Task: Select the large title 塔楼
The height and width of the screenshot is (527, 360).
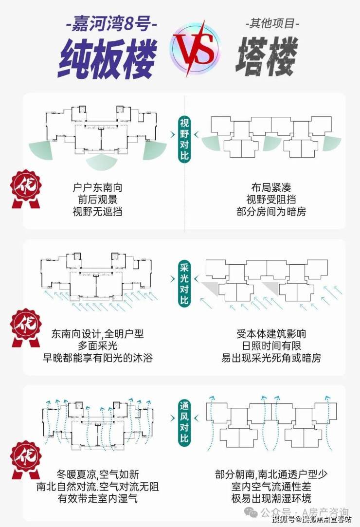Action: pyautogui.click(x=267, y=56)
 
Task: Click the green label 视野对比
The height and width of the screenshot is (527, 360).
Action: pyautogui.click(x=184, y=139)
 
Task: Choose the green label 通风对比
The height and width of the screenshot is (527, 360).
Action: pyautogui.click(x=184, y=422)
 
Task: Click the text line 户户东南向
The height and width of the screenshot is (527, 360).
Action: pyautogui.click(x=97, y=187)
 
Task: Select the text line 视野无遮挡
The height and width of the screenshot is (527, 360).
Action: pyautogui.click(x=97, y=212)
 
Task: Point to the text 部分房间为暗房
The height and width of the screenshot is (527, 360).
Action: pyautogui.click(x=271, y=212)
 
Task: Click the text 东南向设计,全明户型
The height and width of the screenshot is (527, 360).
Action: pyautogui.click(x=97, y=334)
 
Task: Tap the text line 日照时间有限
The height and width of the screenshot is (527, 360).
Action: pyautogui.click(x=271, y=346)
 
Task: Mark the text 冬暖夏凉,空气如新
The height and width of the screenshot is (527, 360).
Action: pyautogui.click(x=97, y=474)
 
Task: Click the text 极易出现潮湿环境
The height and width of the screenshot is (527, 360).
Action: pyautogui.click(x=271, y=498)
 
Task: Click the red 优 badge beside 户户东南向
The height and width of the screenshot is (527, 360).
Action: pyautogui.click(x=26, y=189)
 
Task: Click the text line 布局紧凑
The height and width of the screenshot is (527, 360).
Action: pyautogui.click(x=271, y=187)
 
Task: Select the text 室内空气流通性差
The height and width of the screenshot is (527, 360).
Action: pyautogui.click(x=271, y=487)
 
